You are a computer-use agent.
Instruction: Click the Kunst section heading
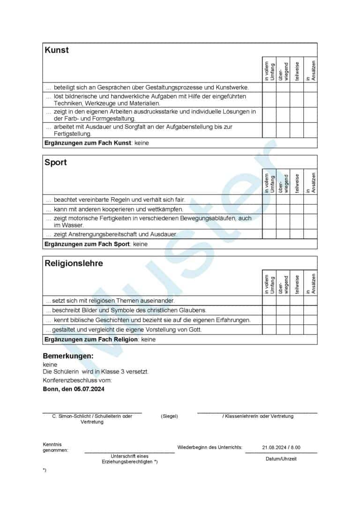pyautogui.click(x=56, y=50)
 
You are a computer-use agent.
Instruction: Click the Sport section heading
pyautogui.click(x=56, y=163)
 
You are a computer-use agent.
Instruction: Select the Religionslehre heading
pyautogui.click(x=74, y=263)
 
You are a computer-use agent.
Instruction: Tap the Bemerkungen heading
pyautogui.click(x=68, y=356)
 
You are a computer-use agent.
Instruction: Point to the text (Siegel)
pyautogui.click(x=169, y=416)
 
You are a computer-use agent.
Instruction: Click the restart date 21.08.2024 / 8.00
pyautogui.click(x=281, y=448)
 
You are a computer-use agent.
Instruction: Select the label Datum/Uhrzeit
pyautogui.click(x=281, y=459)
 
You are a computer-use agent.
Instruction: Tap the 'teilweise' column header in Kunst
pyautogui.click(x=297, y=72)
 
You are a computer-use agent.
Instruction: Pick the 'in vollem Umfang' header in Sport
pyautogui.click(x=269, y=183)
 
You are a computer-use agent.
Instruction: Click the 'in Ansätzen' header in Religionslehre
pyautogui.click(x=311, y=284)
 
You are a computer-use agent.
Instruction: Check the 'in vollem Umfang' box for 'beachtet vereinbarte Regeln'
pyautogui.click(x=269, y=200)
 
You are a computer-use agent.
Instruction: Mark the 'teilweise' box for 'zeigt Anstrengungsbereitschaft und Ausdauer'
pyautogui.click(x=297, y=234)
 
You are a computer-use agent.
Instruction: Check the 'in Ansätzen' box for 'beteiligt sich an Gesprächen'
pyautogui.click(x=310, y=87)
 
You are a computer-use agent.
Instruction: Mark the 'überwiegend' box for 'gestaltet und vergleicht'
pyautogui.click(x=283, y=329)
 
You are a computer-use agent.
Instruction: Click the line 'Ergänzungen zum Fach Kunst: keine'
pyautogui.click(x=97, y=143)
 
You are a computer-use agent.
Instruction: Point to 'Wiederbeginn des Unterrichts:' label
pyautogui.click(x=210, y=448)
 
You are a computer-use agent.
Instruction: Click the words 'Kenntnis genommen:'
pyautogui.click(x=55, y=447)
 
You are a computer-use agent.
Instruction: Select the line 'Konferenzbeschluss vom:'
pyautogui.click(x=77, y=381)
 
